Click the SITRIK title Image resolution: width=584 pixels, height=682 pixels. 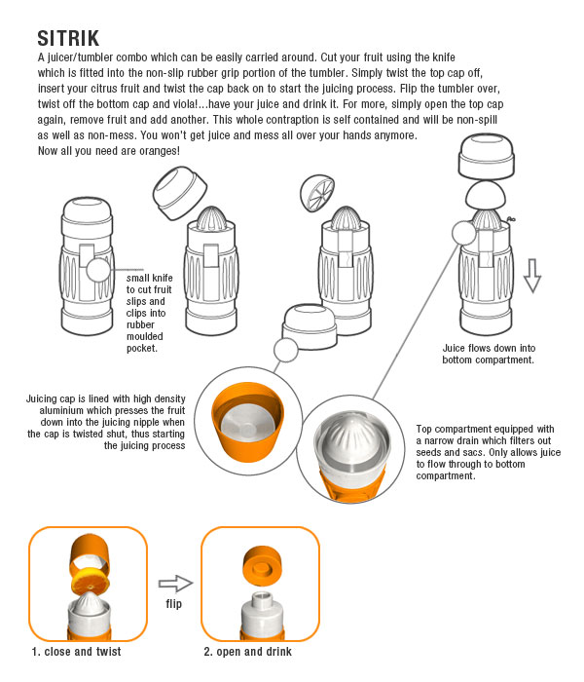[x=68, y=38]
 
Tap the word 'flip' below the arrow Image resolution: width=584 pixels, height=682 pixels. [x=174, y=604]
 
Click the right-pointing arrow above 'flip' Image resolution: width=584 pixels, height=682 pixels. [x=175, y=584]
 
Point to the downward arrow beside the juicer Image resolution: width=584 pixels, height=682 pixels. [x=531, y=276]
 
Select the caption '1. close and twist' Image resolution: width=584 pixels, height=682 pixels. [x=77, y=652]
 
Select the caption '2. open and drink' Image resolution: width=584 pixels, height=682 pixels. [x=247, y=652]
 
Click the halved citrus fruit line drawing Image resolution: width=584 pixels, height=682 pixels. [x=317, y=193]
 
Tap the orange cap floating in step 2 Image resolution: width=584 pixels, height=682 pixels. [x=262, y=567]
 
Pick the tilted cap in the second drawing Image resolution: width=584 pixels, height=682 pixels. [x=180, y=193]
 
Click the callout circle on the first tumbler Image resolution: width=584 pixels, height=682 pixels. [x=98, y=271]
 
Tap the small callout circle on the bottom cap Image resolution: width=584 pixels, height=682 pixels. [x=286, y=350]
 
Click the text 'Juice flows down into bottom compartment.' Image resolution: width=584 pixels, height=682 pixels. [x=489, y=354]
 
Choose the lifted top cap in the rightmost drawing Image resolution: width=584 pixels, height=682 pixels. [x=487, y=157]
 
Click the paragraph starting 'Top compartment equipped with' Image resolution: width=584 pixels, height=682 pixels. [x=488, y=452]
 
